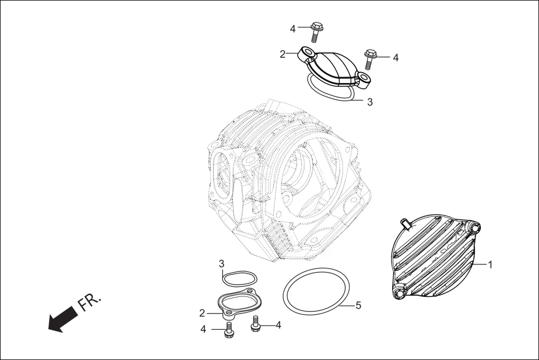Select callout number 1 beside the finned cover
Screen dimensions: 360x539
pos(490,265)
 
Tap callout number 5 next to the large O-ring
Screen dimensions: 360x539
pos(359,305)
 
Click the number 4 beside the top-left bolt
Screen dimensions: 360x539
pos(293,28)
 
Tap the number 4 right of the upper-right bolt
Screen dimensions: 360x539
pos(395,57)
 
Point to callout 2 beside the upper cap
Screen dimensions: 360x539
pos(283,54)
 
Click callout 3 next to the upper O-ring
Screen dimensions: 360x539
pos(369,102)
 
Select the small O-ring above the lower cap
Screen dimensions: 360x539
pos(240,278)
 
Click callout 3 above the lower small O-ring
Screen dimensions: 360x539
pos(222,263)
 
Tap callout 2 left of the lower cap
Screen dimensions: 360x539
pos(202,313)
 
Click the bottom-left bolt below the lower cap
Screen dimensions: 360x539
pos(228,329)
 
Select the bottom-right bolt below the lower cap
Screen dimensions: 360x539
pos(257,324)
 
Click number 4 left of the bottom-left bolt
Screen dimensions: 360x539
pos(203,329)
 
